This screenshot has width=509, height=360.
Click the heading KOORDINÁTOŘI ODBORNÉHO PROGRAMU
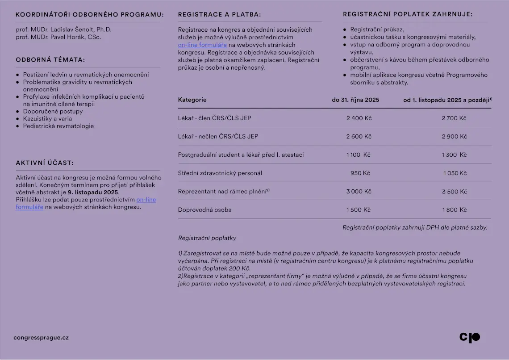(89, 15)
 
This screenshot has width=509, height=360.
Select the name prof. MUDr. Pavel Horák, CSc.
(58, 37)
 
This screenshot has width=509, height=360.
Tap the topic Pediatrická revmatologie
(58, 126)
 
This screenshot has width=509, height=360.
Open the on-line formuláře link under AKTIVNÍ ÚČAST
(146, 200)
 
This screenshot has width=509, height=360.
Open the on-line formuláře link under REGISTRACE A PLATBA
(202, 45)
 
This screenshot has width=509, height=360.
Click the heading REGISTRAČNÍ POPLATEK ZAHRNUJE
(408, 14)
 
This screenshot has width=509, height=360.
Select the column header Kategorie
(192, 100)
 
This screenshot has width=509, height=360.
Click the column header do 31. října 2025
(355, 100)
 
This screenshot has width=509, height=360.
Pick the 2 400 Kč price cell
(359, 118)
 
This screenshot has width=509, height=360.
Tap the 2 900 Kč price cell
(454, 137)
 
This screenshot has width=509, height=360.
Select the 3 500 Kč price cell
(454, 192)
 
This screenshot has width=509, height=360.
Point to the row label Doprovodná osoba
(204, 210)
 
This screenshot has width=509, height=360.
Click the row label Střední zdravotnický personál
(220, 173)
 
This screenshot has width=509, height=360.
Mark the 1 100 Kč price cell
(358, 155)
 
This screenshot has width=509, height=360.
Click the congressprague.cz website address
(41, 338)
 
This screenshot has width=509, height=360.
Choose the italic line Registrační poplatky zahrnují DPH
(414, 227)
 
